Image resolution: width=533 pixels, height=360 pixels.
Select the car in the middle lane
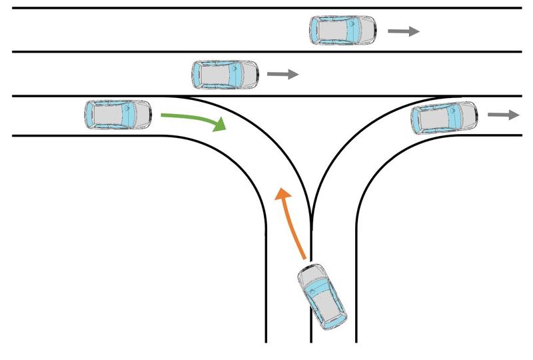pos(225,74)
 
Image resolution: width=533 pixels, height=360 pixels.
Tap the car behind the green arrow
pos(119,115)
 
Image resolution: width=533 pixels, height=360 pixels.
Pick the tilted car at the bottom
pos(323,297)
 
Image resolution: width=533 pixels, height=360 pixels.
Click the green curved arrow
pos(193,120)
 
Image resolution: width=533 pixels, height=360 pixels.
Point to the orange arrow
pos(292,223)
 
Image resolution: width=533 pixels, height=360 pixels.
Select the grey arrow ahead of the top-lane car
pos(404,31)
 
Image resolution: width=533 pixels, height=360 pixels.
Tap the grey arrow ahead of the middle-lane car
pos(282,75)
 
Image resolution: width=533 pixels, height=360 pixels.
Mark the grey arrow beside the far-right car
pos(503,115)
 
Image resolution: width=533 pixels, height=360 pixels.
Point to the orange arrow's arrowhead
pos(283,195)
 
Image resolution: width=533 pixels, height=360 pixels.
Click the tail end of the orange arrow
pos(304,257)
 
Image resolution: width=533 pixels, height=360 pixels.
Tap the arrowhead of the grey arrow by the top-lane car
pos(414,31)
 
